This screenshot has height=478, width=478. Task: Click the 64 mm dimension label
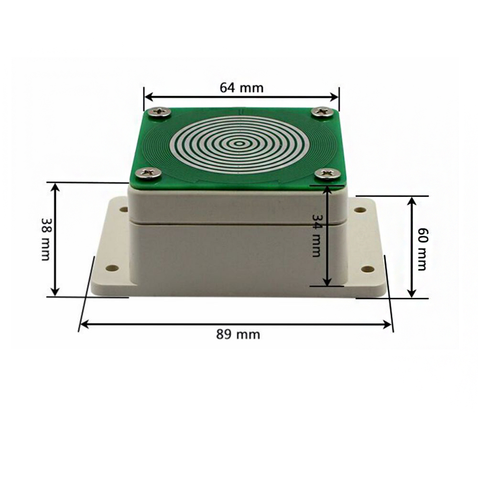pyautogui.click(x=241, y=87)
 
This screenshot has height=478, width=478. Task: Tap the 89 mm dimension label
pyautogui.click(x=238, y=334)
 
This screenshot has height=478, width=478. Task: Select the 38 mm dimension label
pyautogui.click(x=46, y=239)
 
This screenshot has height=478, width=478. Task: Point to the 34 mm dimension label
pyautogui.click(x=316, y=235)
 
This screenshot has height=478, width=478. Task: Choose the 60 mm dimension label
pyautogui.click(x=422, y=249)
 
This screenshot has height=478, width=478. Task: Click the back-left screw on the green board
pyautogui.click(x=159, y=112)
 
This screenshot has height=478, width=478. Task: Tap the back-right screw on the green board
pyautogui.click(x=323, y=112)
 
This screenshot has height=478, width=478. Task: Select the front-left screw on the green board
pyautogui.click(x=148, y=173)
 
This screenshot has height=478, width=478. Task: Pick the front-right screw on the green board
pyautogui.click(x=328, y=174)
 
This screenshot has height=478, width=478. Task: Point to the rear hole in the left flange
pyautogui.click(x=123, y=209)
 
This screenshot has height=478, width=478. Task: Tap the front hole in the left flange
pyautogui.click(x=112, y=268)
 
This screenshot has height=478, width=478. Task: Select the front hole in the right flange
pyautogui.click(x=368, y=269)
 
